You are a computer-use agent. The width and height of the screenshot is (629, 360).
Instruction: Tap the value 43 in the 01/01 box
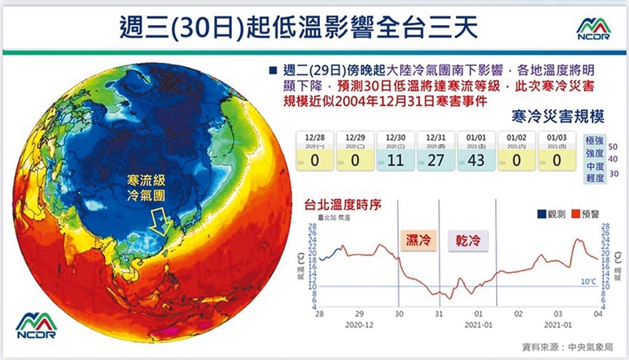click(476, 160)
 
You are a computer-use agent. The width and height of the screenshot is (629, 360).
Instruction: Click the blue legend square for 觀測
click(541, 213)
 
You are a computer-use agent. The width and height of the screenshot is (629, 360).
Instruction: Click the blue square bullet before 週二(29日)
click(271, 68)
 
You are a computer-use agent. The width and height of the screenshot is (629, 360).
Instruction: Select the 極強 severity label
click(595, 140)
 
